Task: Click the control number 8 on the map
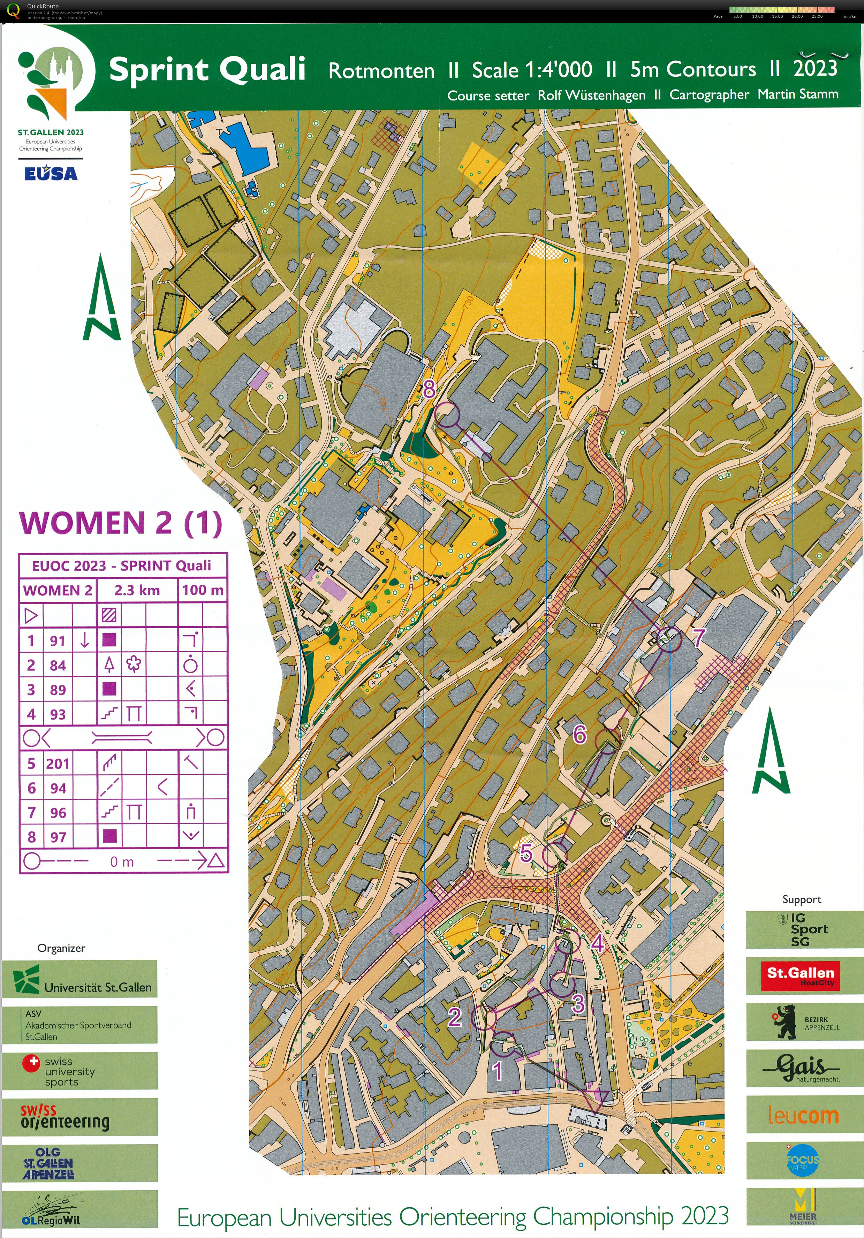tap(429, 388)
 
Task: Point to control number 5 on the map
tap(526, 852)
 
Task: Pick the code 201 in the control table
tap(58, 764)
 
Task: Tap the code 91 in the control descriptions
tap(58, 640)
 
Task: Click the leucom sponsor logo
tap(803, 1115)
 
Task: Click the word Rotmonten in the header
tap(381, 71)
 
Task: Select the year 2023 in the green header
tap(815, 68)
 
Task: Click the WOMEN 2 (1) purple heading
tap(121, 523)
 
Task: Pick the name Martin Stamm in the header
tap(798, 94)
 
